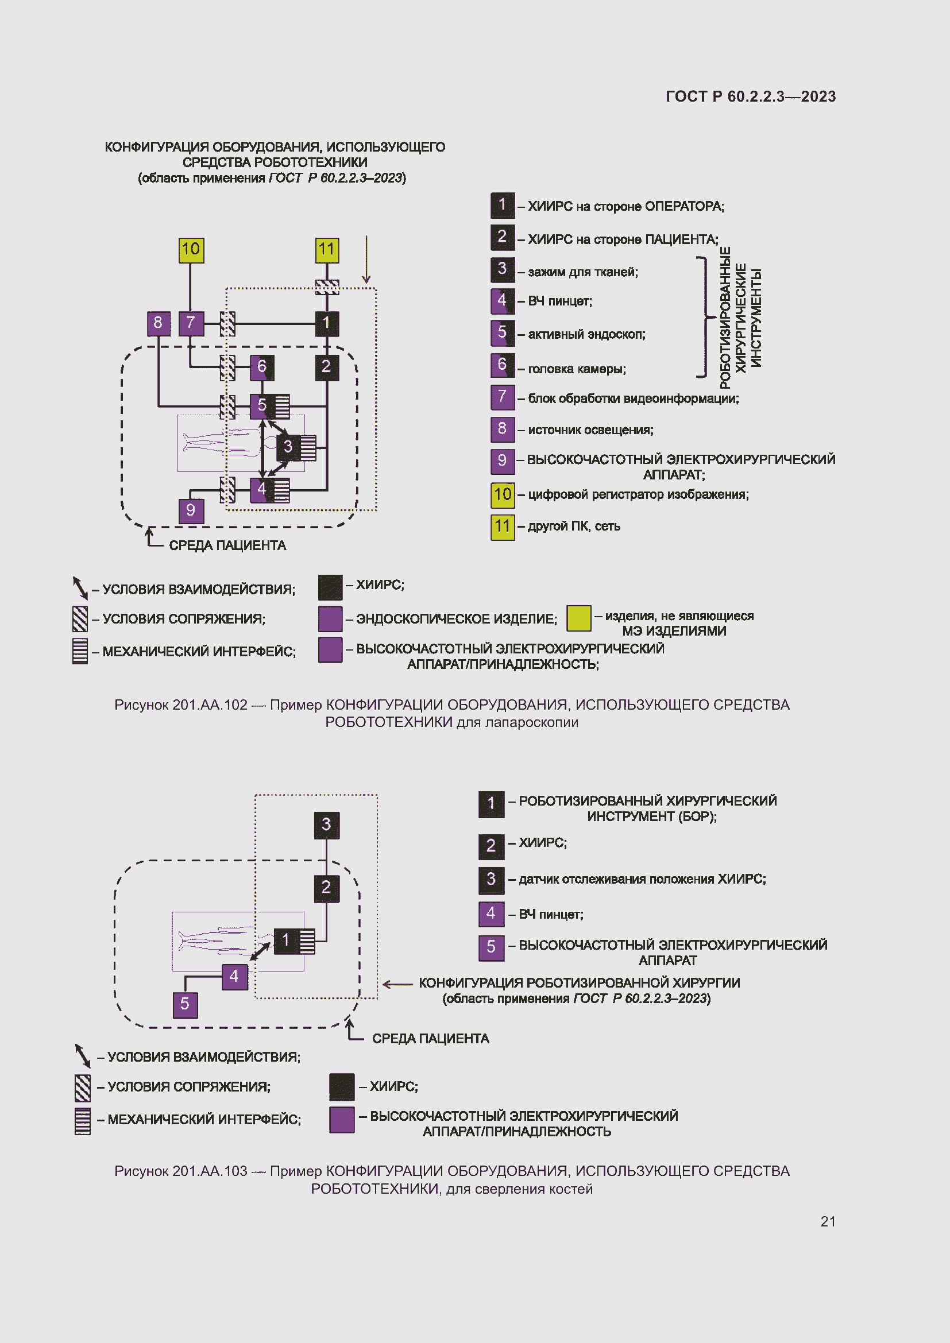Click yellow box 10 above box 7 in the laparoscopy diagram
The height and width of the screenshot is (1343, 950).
[x=191, y=250]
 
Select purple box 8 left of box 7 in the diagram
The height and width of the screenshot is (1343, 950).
[x=158, y=323]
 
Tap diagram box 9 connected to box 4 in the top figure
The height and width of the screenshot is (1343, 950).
[x=191, y=510]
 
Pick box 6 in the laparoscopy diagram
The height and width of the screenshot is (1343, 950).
[x=261, y=367]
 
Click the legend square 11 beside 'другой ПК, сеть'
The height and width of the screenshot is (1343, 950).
[x=502, y=527]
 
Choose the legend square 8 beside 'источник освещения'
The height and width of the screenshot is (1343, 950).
[x=502, y=429]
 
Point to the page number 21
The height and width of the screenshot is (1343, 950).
[x=827, y=1221]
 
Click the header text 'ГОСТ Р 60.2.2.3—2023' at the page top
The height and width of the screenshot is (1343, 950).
[x=751, y=96]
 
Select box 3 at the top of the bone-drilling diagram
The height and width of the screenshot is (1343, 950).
[x=326, y=825]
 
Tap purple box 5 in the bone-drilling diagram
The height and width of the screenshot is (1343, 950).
[x=185, y=1004]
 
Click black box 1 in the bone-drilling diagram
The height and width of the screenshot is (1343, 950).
[x=286, y=941]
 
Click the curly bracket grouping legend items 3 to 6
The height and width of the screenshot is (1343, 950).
[x=705, y=317]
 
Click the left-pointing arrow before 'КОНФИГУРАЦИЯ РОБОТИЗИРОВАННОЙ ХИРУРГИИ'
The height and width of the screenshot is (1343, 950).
[x=398, y=984]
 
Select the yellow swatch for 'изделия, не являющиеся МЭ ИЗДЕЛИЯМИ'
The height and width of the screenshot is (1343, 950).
[x=578, y=618]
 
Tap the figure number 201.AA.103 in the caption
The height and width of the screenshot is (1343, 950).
[x=210, y=1171]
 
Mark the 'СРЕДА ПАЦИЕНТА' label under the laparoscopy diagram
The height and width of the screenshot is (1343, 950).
[x=227, y=545]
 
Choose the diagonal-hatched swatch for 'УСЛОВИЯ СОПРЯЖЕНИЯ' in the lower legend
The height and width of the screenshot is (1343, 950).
[x=83, y=1087]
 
